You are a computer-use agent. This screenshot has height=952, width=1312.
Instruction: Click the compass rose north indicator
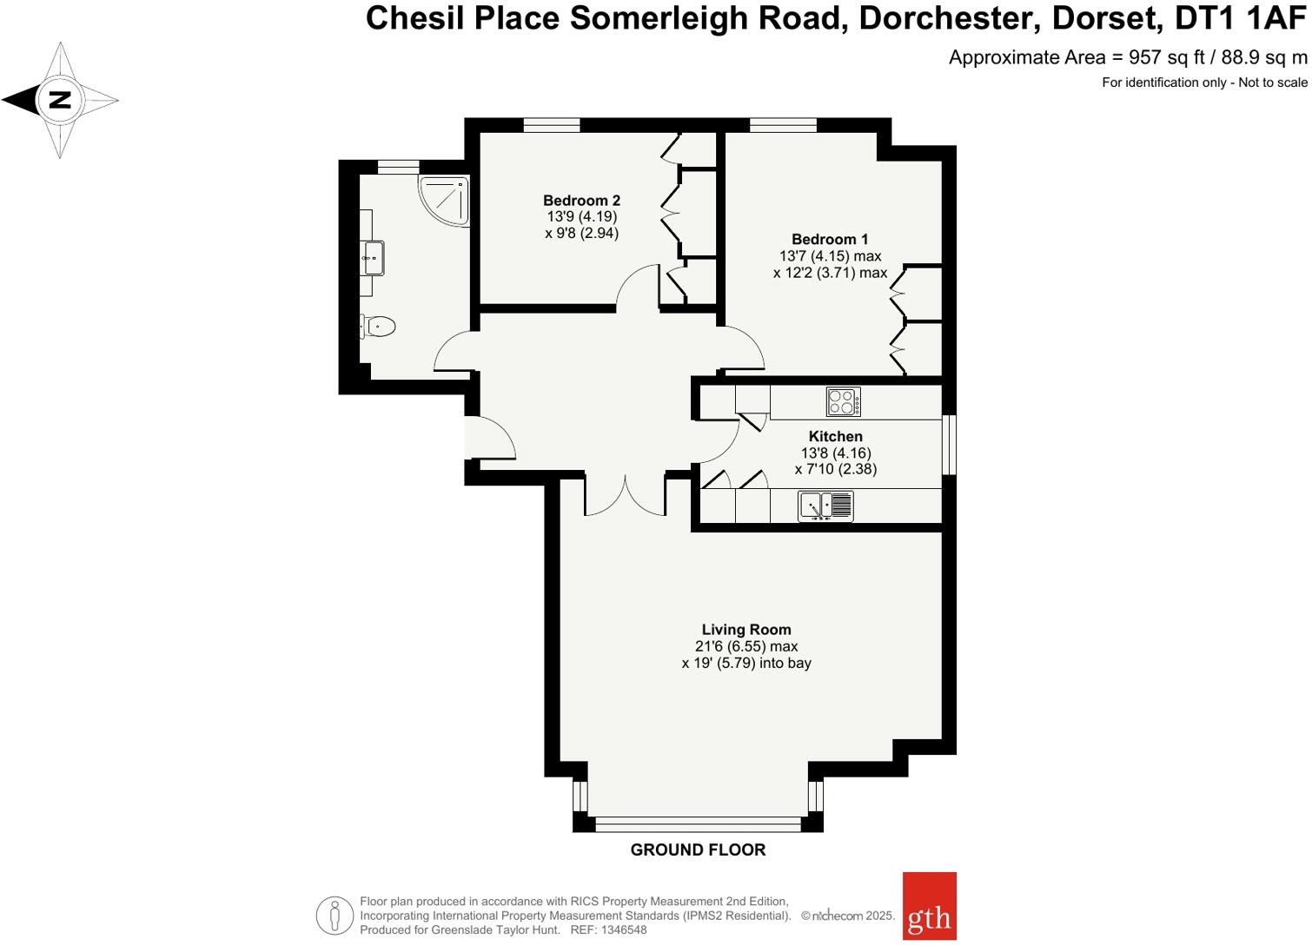(59, 100)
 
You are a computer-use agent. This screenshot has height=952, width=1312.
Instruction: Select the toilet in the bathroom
(379, 327)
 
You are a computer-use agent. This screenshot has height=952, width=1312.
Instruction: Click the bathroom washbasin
(374, 257)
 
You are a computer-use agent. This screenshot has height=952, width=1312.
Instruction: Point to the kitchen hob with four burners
(843, 402)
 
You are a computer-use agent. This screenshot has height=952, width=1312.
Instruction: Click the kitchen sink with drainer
(825, 506)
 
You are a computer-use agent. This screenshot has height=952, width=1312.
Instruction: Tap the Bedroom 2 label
(581, 201)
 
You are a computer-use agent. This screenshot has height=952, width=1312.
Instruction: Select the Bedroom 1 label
(829, 240)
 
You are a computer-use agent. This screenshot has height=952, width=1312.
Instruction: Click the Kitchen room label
(835, 437)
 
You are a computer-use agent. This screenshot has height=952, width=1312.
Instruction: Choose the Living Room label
(746, 630)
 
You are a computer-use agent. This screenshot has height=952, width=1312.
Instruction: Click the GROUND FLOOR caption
(698, 850)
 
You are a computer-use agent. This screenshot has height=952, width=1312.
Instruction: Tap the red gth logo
(929, 906)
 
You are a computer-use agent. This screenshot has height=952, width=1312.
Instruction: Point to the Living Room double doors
(625, 496)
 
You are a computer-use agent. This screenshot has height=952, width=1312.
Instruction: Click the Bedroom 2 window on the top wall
(552, 125)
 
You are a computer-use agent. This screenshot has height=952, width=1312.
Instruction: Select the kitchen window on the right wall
(949, 444)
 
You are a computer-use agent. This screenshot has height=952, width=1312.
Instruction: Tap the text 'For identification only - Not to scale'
(1204, 83)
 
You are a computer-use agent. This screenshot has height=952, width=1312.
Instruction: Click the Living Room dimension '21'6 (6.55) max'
(746, 646)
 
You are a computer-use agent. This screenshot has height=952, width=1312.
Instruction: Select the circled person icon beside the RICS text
(335, 916)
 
